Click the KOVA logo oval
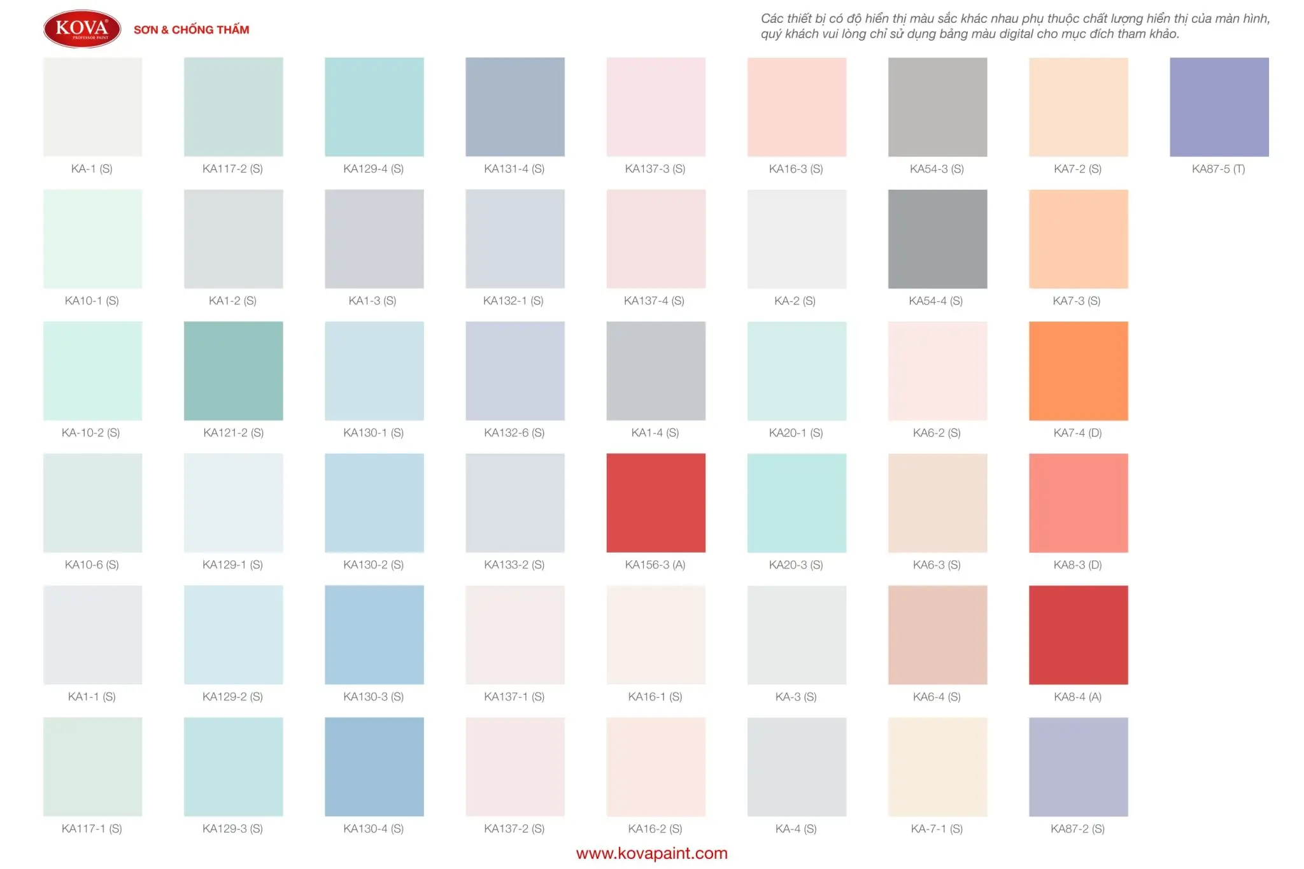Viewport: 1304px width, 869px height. (82, 29)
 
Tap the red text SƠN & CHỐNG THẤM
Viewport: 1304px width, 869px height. (191, 30)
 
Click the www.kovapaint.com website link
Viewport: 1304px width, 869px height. (651, 853)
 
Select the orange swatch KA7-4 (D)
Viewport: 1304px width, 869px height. (1078, 371)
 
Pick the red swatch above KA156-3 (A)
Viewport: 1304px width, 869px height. (655, 502)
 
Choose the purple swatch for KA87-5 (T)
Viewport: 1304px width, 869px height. (1219, 107)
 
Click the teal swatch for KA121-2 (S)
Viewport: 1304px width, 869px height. (233, 371)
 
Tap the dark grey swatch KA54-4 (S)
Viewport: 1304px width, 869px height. (937, 239)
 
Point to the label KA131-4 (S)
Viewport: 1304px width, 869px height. (514, 169)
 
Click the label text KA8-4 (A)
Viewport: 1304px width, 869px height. (1077, 696)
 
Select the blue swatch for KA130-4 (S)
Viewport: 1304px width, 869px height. (374, 767)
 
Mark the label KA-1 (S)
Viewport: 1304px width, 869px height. (92, 169)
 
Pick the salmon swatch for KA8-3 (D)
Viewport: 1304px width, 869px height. (1078, 502)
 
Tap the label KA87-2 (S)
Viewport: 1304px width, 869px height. (1077, 828)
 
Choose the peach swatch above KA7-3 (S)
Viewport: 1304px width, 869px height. (1078, 239)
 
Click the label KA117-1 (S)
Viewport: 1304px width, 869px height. (92, 828)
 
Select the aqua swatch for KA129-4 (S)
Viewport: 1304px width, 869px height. (374, 107)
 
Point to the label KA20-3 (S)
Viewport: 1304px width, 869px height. (796, 565)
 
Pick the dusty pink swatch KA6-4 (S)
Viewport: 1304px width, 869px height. (937, 635)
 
